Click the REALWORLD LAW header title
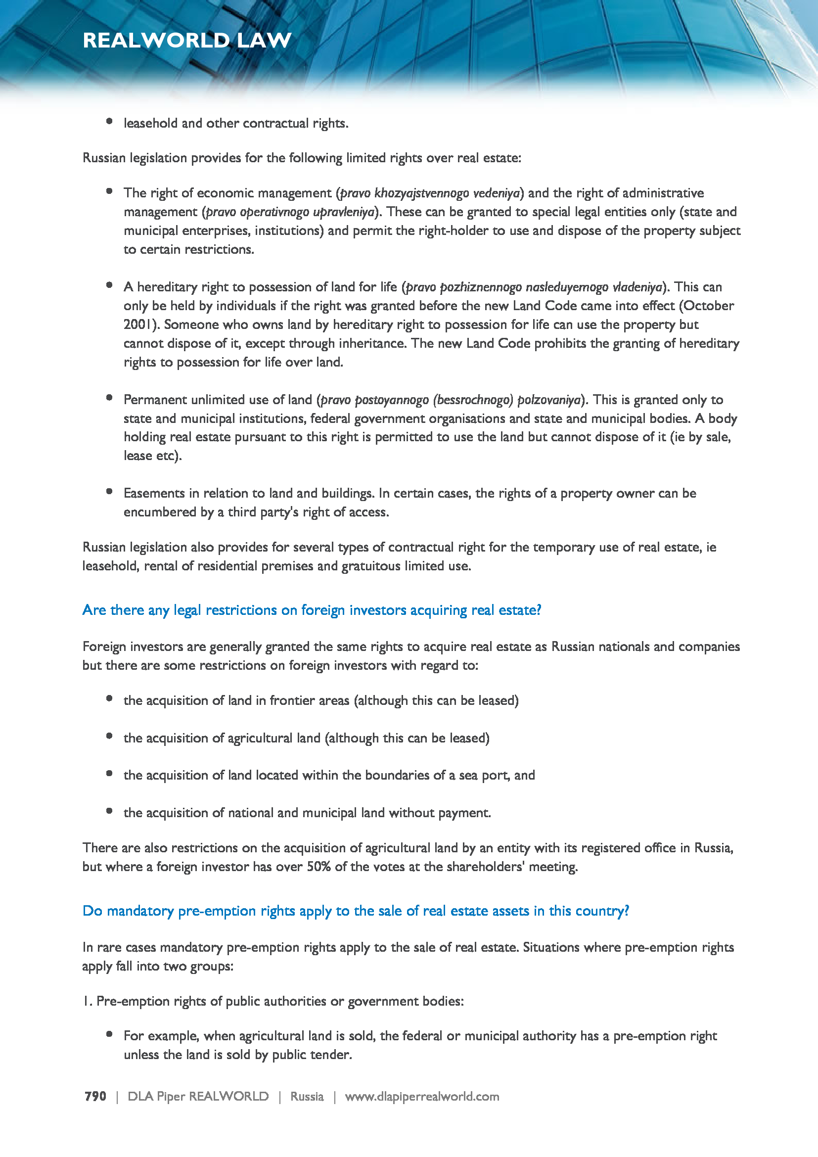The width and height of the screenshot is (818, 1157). pos(187,40)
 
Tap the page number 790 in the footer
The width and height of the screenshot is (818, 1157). pos(95,1096)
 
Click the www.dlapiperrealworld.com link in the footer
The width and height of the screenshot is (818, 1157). pos(421,1096)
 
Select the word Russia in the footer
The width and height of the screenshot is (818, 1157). pos(307,1096)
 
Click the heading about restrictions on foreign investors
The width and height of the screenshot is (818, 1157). pos(311,610)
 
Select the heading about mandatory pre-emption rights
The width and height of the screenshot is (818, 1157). pos(356,911)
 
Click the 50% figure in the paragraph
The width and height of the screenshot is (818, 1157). pos(319,867)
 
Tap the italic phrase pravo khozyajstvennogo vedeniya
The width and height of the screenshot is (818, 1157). pos(430,193)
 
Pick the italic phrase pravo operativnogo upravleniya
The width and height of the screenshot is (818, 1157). pos(291,212)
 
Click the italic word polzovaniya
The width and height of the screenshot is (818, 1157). pos(549,400)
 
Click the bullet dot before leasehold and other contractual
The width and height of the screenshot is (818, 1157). pos(109,121)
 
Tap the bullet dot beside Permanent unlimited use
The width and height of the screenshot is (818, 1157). pos(109,398)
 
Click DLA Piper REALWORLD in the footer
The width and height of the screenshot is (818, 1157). pos(198,1096)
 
